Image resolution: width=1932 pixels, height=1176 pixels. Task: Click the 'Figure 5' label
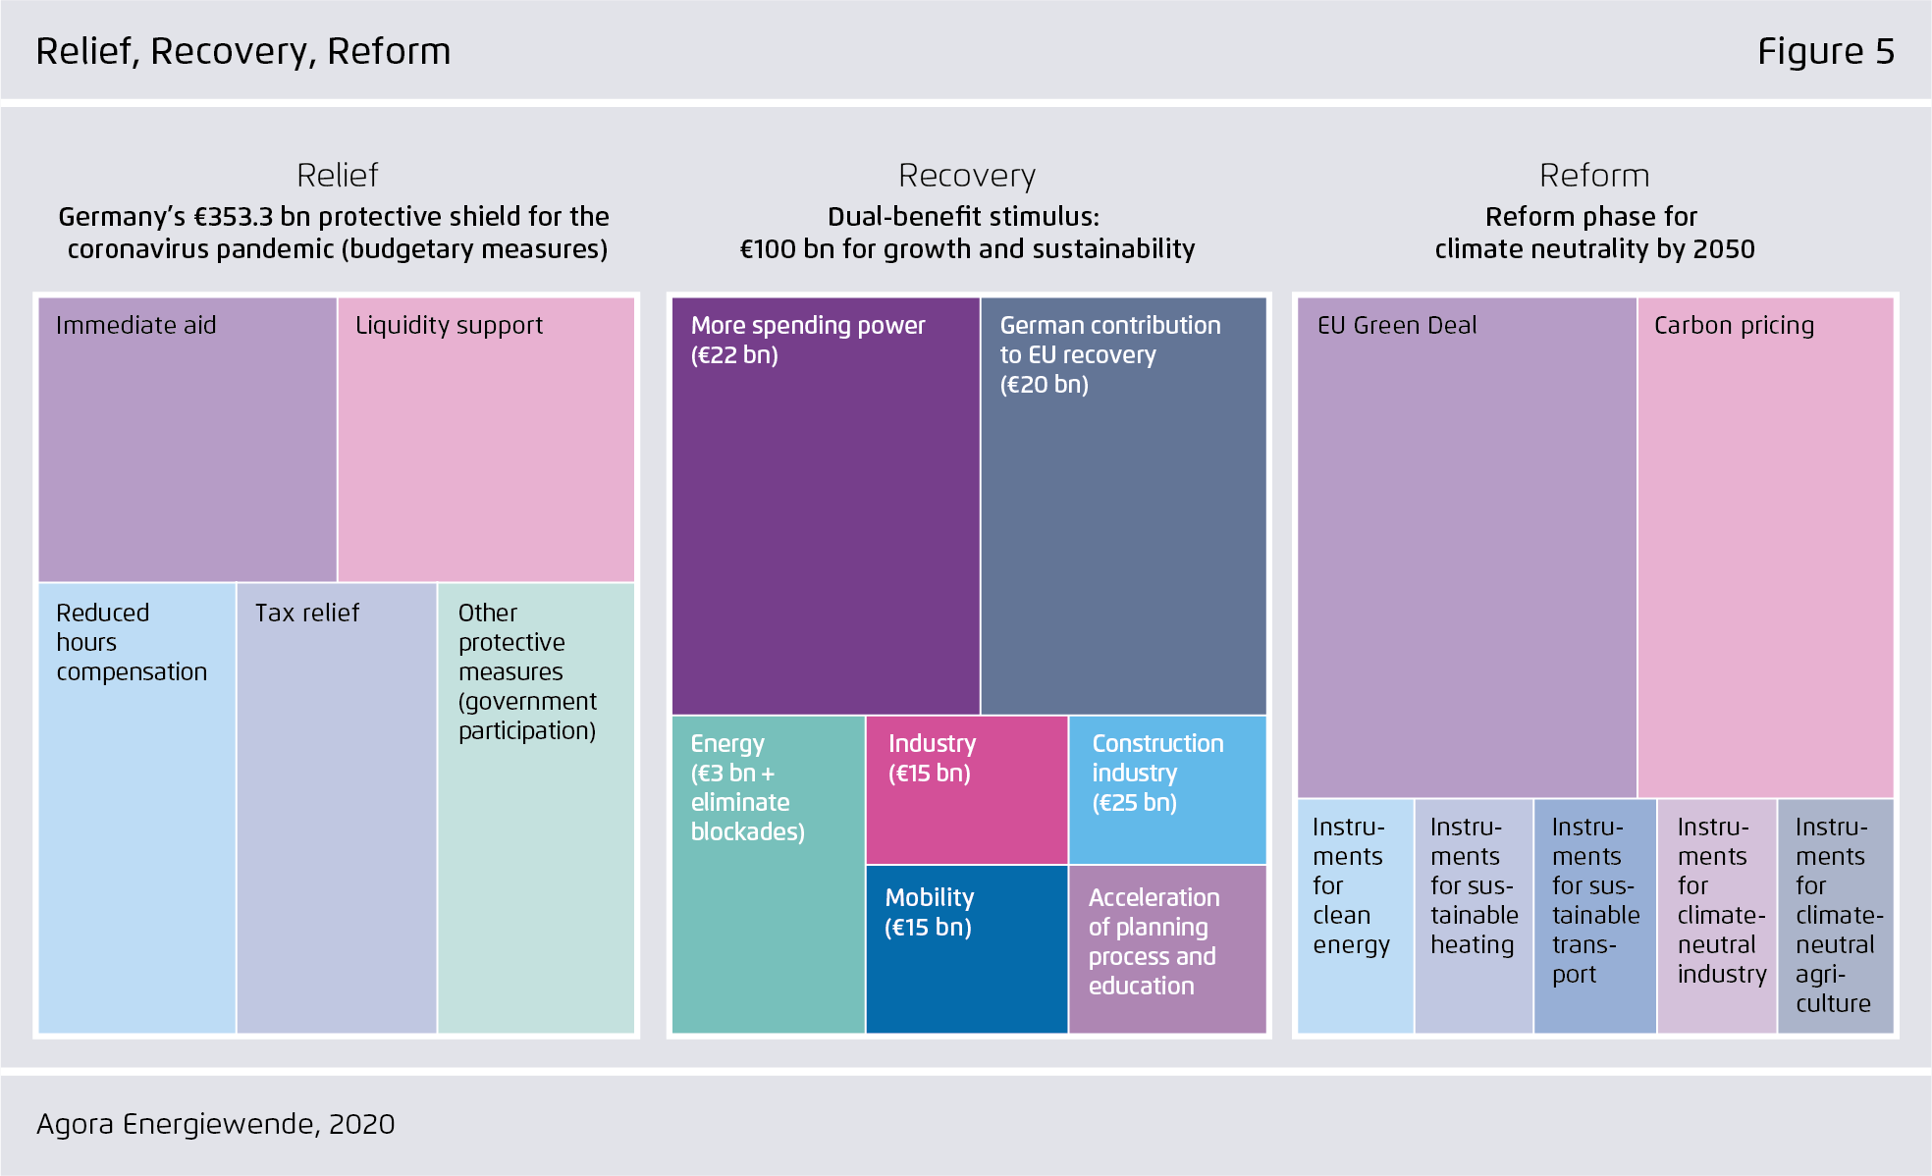tap(1825, 51)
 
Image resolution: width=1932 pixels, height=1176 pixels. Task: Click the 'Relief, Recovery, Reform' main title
tap(243, 52)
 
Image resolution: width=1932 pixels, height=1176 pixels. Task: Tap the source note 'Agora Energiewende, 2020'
tap(216, 1124)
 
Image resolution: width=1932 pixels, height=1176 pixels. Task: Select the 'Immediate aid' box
tap(188, 440)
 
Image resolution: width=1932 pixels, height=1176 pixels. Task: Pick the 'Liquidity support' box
tap(486, 440)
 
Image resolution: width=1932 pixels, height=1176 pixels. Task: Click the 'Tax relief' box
tap(337, 808)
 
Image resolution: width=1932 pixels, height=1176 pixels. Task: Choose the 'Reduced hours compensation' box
tap(137, 808)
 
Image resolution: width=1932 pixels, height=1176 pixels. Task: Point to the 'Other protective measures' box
tap(536, 808)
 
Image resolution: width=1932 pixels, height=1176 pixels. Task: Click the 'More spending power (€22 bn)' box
tap(826, 506)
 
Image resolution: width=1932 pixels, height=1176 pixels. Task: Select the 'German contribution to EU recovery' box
tap(1124, 506)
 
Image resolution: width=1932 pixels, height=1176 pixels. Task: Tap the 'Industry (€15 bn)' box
tap(967, 790)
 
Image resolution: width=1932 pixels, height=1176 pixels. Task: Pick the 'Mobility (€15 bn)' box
tap(967, 949)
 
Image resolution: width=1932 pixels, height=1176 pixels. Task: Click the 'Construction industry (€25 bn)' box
tap(1167, 790)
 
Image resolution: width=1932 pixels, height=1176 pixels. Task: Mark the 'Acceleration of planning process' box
tap(1167, 949)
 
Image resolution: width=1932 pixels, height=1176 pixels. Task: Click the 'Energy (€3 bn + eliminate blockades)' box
tap(769, 875)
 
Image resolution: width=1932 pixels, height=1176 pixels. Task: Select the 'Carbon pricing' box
tap(1766, 548)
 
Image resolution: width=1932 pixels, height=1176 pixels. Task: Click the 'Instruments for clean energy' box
tap(1356, 916)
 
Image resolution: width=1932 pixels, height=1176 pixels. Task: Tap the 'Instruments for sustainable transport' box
tap(1595, 916)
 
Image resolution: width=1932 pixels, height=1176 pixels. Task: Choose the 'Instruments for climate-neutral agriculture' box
tap(1835, 916)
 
